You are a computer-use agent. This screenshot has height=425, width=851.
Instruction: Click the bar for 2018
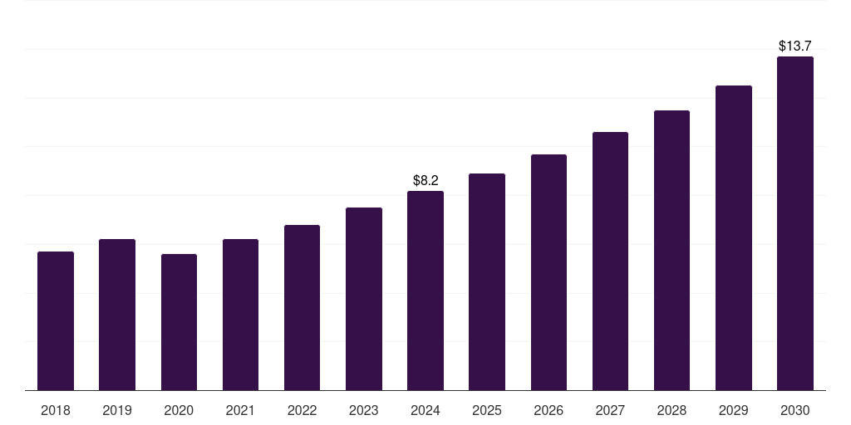point(56,320)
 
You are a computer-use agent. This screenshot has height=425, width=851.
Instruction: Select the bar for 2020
point(179,322)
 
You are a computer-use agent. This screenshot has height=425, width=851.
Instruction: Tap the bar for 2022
point(302,307)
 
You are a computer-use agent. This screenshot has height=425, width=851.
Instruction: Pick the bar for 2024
point(425,291)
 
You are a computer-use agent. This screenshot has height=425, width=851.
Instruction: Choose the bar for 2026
point(548,272)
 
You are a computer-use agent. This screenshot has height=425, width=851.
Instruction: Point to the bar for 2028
point(671,250)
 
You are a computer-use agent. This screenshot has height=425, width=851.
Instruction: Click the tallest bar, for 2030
point(795,223)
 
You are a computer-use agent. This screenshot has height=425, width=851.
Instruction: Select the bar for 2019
point(117,315)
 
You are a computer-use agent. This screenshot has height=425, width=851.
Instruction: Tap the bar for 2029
point(734,237)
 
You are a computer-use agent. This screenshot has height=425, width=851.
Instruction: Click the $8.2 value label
point(425,180)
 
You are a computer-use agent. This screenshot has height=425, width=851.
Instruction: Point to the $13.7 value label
point(795,46)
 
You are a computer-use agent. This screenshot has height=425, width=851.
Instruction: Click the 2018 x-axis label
point(56,410)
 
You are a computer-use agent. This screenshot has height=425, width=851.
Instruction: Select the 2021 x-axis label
point(240,410)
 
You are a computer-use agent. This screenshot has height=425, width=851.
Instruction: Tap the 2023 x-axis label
point(364,410)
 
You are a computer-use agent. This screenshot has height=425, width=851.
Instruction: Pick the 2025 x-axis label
point(487,410)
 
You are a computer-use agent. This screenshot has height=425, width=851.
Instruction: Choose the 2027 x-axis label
point(610,410)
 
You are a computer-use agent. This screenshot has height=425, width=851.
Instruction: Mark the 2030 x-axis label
point(795,410)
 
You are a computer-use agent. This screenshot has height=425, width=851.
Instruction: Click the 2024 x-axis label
point(425,410)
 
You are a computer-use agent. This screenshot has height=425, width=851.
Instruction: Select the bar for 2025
point(487,281)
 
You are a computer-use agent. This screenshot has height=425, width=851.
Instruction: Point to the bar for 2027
point(610,261)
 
